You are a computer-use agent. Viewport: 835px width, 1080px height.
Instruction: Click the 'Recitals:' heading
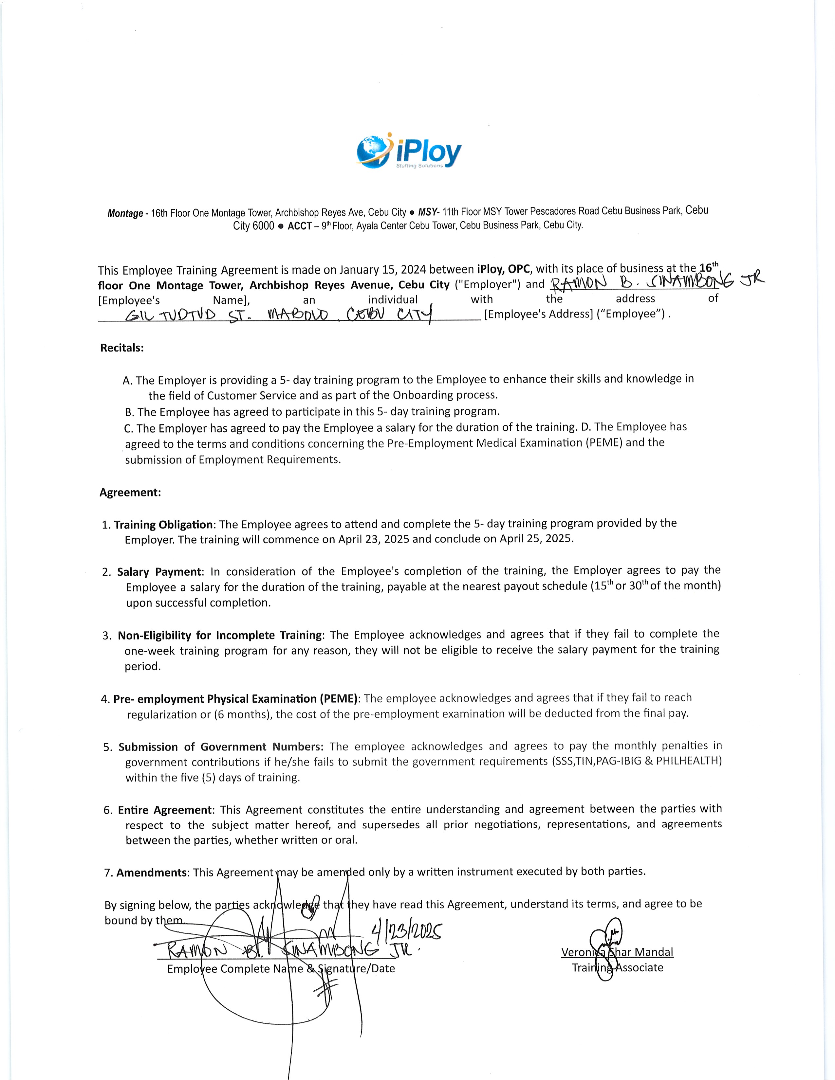(122, 348)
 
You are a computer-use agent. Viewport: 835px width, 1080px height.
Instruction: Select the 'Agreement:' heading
(130, 493)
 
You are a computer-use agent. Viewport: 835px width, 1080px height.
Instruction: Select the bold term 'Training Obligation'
(163, 525)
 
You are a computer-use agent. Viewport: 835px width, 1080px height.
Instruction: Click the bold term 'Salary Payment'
(159, 572)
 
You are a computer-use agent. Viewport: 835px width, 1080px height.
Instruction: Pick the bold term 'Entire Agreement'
(165, 810)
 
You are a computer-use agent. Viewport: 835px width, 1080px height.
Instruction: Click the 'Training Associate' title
(617, 968)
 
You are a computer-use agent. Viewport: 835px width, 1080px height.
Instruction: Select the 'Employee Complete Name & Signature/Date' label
(281, 969)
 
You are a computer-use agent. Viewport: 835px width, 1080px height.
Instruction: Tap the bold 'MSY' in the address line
(427, 212)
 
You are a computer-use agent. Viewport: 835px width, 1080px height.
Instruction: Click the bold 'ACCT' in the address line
(300, 226)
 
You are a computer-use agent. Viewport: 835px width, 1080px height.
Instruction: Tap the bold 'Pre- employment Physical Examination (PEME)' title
(235, 699)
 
